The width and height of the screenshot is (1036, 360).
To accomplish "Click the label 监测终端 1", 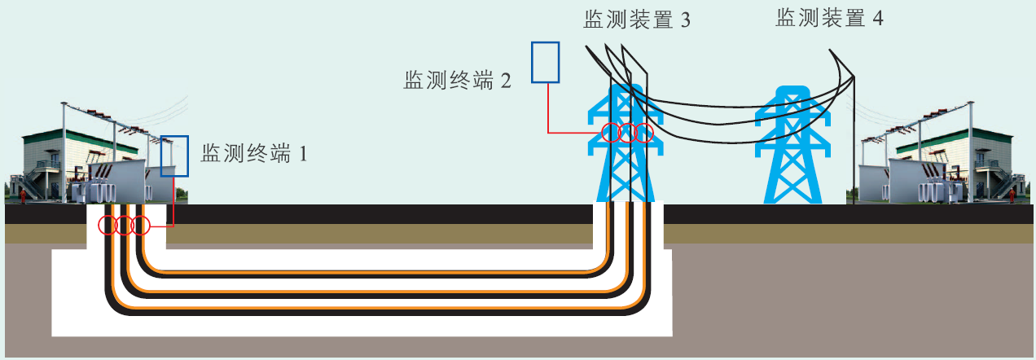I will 254,152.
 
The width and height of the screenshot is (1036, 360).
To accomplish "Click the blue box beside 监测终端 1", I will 174,156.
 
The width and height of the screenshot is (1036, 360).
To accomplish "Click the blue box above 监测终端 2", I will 546,62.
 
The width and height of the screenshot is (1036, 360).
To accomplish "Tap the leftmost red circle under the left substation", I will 107,225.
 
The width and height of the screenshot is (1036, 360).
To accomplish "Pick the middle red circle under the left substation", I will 124,225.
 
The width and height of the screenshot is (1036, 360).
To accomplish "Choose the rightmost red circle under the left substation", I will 141,225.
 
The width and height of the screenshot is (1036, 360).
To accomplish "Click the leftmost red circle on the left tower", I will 610,132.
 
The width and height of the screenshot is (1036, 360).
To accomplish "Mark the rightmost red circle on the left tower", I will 644,132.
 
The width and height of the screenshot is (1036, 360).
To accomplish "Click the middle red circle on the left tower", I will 627,132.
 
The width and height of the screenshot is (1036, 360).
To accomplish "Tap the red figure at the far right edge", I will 1012,195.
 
